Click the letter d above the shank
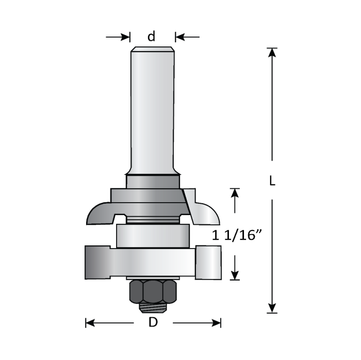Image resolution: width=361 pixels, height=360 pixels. (151, 37)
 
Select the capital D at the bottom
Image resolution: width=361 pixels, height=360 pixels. (153, 323)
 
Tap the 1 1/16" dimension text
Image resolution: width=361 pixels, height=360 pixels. (238, 236)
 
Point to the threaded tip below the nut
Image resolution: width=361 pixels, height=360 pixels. (153, 307)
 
